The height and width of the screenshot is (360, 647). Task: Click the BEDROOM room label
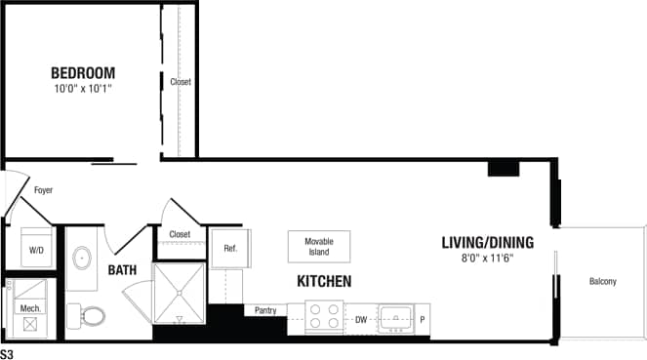click(83, 73)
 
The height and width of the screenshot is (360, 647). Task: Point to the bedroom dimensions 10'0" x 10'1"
click(83, 90)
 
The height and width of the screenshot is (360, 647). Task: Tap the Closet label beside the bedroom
click(180, 83)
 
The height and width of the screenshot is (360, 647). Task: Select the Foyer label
click(43, 190)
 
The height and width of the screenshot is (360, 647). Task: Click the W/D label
click(36, 251)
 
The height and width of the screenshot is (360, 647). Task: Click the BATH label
click(122, 269)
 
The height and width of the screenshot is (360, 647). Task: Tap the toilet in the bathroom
click(93, 316)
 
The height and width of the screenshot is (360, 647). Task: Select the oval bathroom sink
click(83, 259)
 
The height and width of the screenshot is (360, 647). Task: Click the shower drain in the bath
click(180, 318)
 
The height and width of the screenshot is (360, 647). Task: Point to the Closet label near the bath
click(180, 235)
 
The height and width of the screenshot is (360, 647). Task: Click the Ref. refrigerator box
click(230, 248)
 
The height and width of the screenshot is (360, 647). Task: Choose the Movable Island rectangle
click(319, 246)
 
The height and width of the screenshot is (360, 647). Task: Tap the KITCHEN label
click(325, 281)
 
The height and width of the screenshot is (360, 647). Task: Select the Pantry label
click(265, 311)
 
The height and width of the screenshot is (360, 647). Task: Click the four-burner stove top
click(325, 318)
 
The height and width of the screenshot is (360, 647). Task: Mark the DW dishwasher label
click(360, 319)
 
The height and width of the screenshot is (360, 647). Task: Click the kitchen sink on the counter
click(396, 317)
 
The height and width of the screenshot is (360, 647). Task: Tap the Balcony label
click(602, 282)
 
